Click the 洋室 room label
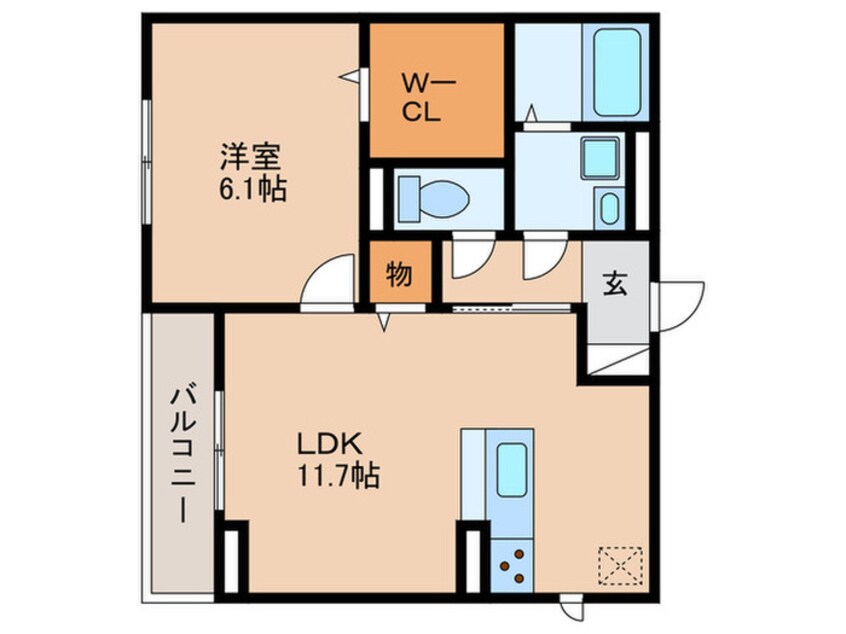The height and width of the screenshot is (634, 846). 251,157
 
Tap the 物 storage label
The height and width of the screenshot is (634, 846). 399,274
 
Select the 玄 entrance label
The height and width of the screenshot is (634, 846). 614,284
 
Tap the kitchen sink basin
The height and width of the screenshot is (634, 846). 511,466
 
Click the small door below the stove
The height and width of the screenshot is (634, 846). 572,606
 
